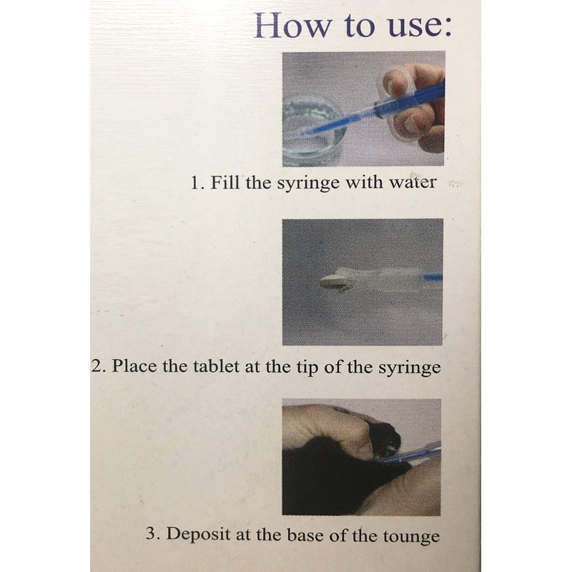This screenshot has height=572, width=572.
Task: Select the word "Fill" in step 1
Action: coord(225,182)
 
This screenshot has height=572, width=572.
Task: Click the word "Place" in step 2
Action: coord(134,366)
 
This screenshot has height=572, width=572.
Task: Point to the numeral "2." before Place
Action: coord(99,366)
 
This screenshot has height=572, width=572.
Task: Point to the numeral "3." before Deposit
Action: coord(153,533)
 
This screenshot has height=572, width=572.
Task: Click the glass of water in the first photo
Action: coord(312,132)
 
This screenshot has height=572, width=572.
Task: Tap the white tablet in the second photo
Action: coord(331,282)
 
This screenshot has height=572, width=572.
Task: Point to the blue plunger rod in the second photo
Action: coord(433,278)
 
